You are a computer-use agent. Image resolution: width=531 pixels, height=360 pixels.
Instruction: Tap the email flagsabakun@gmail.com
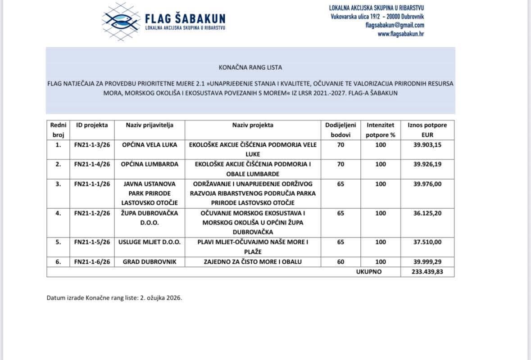pos(395,25)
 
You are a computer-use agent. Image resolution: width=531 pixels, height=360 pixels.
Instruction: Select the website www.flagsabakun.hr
pos(400,34)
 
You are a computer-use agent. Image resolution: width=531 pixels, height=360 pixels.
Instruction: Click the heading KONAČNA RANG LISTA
pos(250,67)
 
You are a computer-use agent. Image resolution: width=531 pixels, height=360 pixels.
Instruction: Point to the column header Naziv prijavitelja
pos(150,125)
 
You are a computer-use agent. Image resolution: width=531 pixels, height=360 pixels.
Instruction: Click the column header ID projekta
pos(92,125)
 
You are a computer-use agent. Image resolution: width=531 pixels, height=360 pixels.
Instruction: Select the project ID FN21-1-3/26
pos(92,145)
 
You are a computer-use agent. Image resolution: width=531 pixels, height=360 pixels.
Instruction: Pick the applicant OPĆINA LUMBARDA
pos(150,164)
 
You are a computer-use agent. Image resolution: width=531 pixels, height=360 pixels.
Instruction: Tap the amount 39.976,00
pos(427,184)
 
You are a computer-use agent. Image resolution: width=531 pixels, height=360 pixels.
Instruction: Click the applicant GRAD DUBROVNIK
pos(150,262)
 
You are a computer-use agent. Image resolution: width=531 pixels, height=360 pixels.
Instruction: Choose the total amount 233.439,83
pos(427,272)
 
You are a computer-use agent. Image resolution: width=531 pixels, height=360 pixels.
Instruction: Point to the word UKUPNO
pos(369,272)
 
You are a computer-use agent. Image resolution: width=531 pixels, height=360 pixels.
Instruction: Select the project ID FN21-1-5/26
pos(92,242)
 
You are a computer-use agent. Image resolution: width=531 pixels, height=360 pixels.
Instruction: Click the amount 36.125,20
pos(427,213)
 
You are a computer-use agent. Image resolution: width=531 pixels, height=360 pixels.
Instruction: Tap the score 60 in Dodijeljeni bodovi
pos(340,262)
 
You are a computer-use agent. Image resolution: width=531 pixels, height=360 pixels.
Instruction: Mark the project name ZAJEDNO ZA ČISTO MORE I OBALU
pos(252,262)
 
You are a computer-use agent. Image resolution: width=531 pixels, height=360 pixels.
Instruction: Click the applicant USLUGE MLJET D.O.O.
pos(150,242)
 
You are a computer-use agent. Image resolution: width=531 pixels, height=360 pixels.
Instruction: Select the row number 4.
pos(58,213)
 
